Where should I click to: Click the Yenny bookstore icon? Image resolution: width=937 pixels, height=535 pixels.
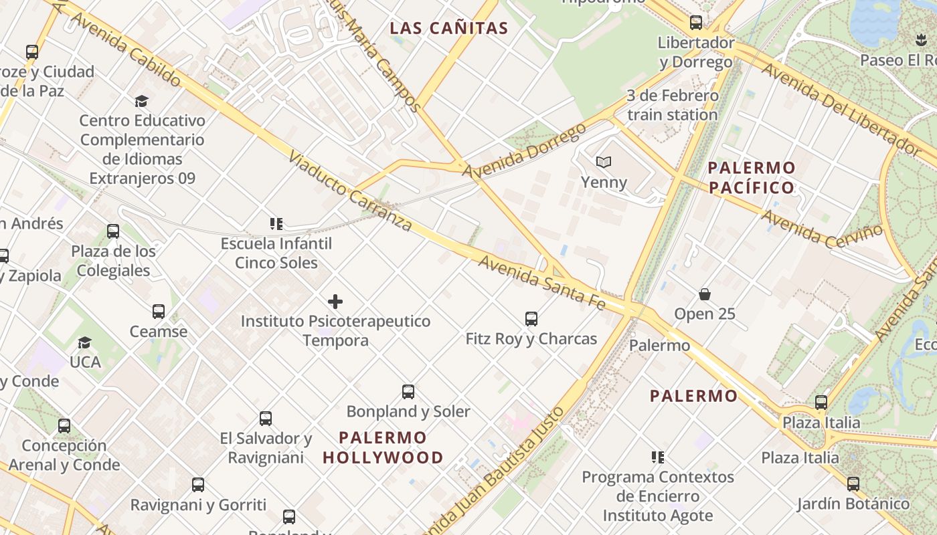[x=604, y=162]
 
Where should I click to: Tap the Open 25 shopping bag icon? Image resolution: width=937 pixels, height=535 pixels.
[x=705, y=294]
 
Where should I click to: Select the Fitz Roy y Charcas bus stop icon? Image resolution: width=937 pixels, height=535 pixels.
[x=531, y=319]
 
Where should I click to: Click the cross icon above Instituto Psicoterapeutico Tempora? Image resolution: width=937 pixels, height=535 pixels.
[x=335, y=302]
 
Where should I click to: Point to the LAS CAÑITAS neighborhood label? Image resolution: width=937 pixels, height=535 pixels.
[x=449, y=28]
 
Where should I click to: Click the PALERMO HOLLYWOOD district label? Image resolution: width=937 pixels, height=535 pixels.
[x=383, y=447]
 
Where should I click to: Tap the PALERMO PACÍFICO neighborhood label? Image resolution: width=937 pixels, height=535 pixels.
[x=752, y=177]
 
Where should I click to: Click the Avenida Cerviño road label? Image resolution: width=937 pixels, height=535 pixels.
[x=822, y=228]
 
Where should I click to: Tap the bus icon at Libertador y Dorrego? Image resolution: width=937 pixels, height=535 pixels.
[x=696, y=23]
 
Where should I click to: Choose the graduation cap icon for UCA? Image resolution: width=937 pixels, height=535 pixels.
[x=84, y=343]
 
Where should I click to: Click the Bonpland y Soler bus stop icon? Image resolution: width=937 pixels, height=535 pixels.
[x=408, y=392]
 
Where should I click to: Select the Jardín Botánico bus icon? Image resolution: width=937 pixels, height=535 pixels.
[x=853, y=484]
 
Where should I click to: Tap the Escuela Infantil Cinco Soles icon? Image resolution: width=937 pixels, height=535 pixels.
[x=276, y=224]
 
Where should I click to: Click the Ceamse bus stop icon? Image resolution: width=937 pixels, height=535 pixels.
[x=159, y=312]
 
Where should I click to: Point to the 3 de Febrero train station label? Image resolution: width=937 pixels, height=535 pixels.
[x=673, y=105]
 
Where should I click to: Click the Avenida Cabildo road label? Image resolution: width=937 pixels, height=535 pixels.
[x=124, y=50]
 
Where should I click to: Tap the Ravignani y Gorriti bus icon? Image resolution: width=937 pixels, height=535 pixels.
[x=198, y=485]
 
